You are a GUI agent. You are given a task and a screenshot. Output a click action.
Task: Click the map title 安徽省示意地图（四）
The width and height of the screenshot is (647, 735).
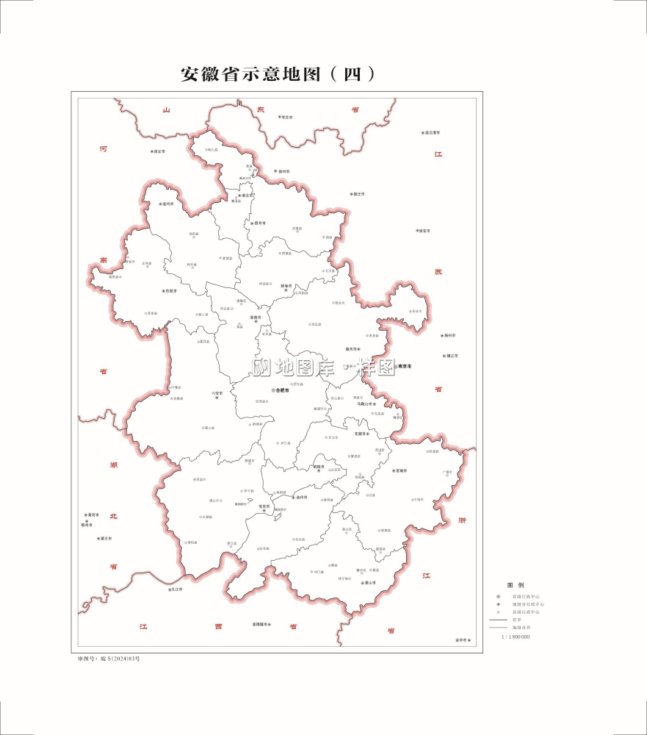tap(279, 74)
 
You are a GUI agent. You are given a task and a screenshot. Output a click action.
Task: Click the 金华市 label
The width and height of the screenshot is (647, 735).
tap(460, 641)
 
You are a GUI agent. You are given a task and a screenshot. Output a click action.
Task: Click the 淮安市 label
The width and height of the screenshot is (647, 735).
tap(423, 231)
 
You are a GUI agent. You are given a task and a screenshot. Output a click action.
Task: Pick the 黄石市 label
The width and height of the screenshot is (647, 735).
tap(105, 539)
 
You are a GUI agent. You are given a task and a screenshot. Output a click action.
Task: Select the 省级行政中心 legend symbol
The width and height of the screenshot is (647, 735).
tap(499, 596)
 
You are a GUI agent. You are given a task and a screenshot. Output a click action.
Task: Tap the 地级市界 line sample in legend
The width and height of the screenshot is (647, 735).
tap(499, 628)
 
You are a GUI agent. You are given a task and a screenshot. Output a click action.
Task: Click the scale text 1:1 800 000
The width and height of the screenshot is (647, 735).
tap(516, 637)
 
